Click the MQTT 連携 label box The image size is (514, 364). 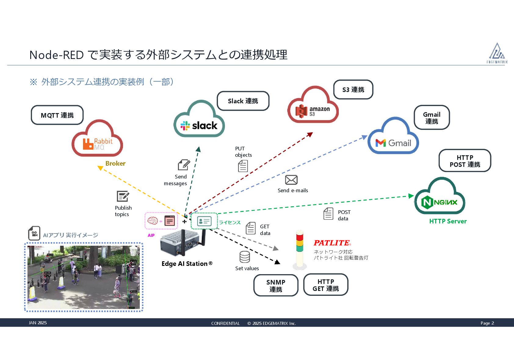pos(57,115)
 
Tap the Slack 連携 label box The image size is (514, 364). pos(243,101)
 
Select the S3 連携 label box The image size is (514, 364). pos(353,90)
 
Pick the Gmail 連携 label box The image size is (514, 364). pos(432,118)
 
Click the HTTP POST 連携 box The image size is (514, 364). pos(465,161)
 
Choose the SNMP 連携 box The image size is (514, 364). pos(276,285)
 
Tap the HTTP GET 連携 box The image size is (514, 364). pos(326,285)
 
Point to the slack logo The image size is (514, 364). pos(199,125)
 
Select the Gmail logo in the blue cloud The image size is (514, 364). pos(393,143)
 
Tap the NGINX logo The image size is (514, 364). pos(439,202)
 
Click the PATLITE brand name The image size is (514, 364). pos(332,243)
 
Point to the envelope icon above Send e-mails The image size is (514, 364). pos(291,180)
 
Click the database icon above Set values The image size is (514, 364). pos(244,257)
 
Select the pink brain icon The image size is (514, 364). pos(153,220)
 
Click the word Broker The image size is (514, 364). pos(115,164)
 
